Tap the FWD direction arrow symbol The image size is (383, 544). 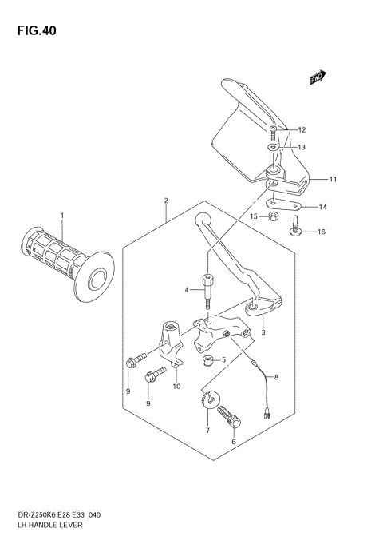[x=319, y=77]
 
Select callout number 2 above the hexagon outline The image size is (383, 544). [x=165, y=201]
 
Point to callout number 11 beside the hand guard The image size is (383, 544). [x=334, y=179]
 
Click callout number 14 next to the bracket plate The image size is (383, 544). [x=322, y=208]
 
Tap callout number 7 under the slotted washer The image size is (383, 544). [x=207, y=431]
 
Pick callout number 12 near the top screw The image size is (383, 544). [x=302, y=129]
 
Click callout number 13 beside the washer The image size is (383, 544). [x=302, y=147]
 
